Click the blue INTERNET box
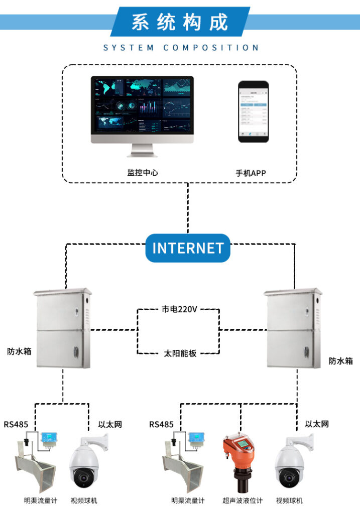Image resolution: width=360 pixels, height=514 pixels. [188, 248]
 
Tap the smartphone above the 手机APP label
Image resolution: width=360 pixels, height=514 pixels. [253, 111]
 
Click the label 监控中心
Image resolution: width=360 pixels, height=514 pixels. [143, 173]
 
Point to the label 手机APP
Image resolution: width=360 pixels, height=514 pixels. [251, 173]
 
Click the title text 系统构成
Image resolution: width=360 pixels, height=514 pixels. [180, 22]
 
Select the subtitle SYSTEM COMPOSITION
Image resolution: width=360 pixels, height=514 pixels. [181, 48]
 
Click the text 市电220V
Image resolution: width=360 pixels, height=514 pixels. [179, 309]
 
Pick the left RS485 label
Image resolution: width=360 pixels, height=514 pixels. [16, 424]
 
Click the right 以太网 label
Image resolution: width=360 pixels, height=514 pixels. [317, 424]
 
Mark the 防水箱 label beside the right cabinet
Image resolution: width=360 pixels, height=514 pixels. [341, 361]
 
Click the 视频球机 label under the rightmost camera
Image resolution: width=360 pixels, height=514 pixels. [290, 500]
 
